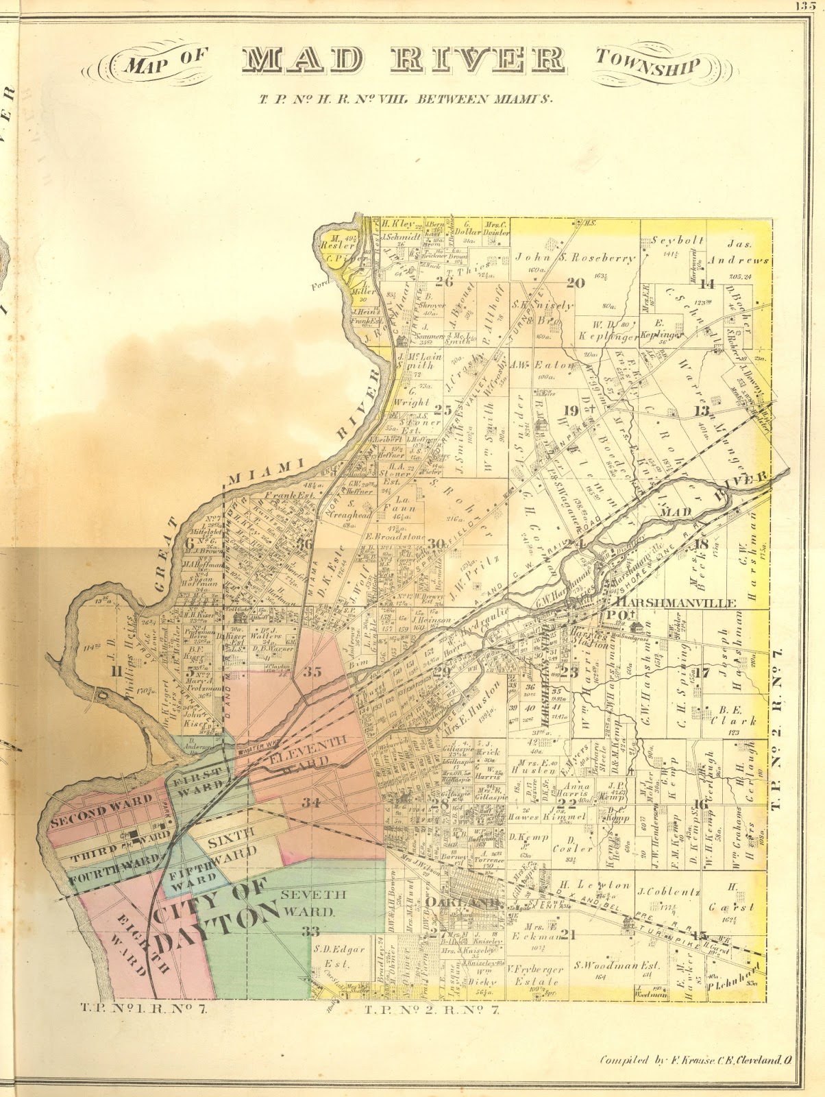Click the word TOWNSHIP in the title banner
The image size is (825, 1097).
[x=648, y=63]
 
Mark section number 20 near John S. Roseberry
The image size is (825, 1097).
[x=575, y=282]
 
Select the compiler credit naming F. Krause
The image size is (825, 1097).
[x=696, y=1059]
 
